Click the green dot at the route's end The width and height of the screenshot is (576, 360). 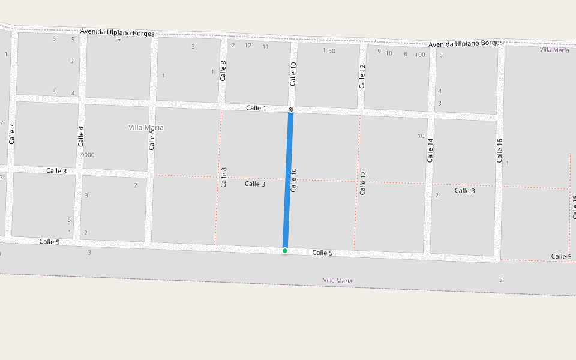tap(285, 250)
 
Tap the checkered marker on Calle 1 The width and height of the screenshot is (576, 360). tap(291, 109)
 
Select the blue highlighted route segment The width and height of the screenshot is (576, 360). tap(288, 180)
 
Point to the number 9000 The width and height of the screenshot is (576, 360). tap(88, 155)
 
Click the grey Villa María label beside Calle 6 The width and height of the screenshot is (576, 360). tap(146, 127)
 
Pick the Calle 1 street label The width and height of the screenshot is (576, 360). tap(256, 108)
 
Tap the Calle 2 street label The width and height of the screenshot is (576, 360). tap(11, 133)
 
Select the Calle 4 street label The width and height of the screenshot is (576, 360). tap(81, 136)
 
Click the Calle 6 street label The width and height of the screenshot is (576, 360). tap(152, 139)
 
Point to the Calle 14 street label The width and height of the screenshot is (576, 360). tap(430, 150)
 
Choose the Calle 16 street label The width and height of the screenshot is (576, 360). tap(499, 150)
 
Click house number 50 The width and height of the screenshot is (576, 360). tap(332, 51)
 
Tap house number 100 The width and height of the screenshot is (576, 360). tap(420, 55)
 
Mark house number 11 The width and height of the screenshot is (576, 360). tap(265, 46)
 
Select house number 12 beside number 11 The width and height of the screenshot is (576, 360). tap(248, 46)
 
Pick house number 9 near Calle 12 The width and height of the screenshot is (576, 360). tap(379, 51)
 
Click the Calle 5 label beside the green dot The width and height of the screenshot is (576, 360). tap(322, 253)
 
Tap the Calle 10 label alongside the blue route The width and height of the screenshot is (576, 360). tap(293, 179)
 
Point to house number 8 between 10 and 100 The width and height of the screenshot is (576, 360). tap(405, 54)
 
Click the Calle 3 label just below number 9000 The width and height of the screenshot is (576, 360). tap(56, 171)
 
